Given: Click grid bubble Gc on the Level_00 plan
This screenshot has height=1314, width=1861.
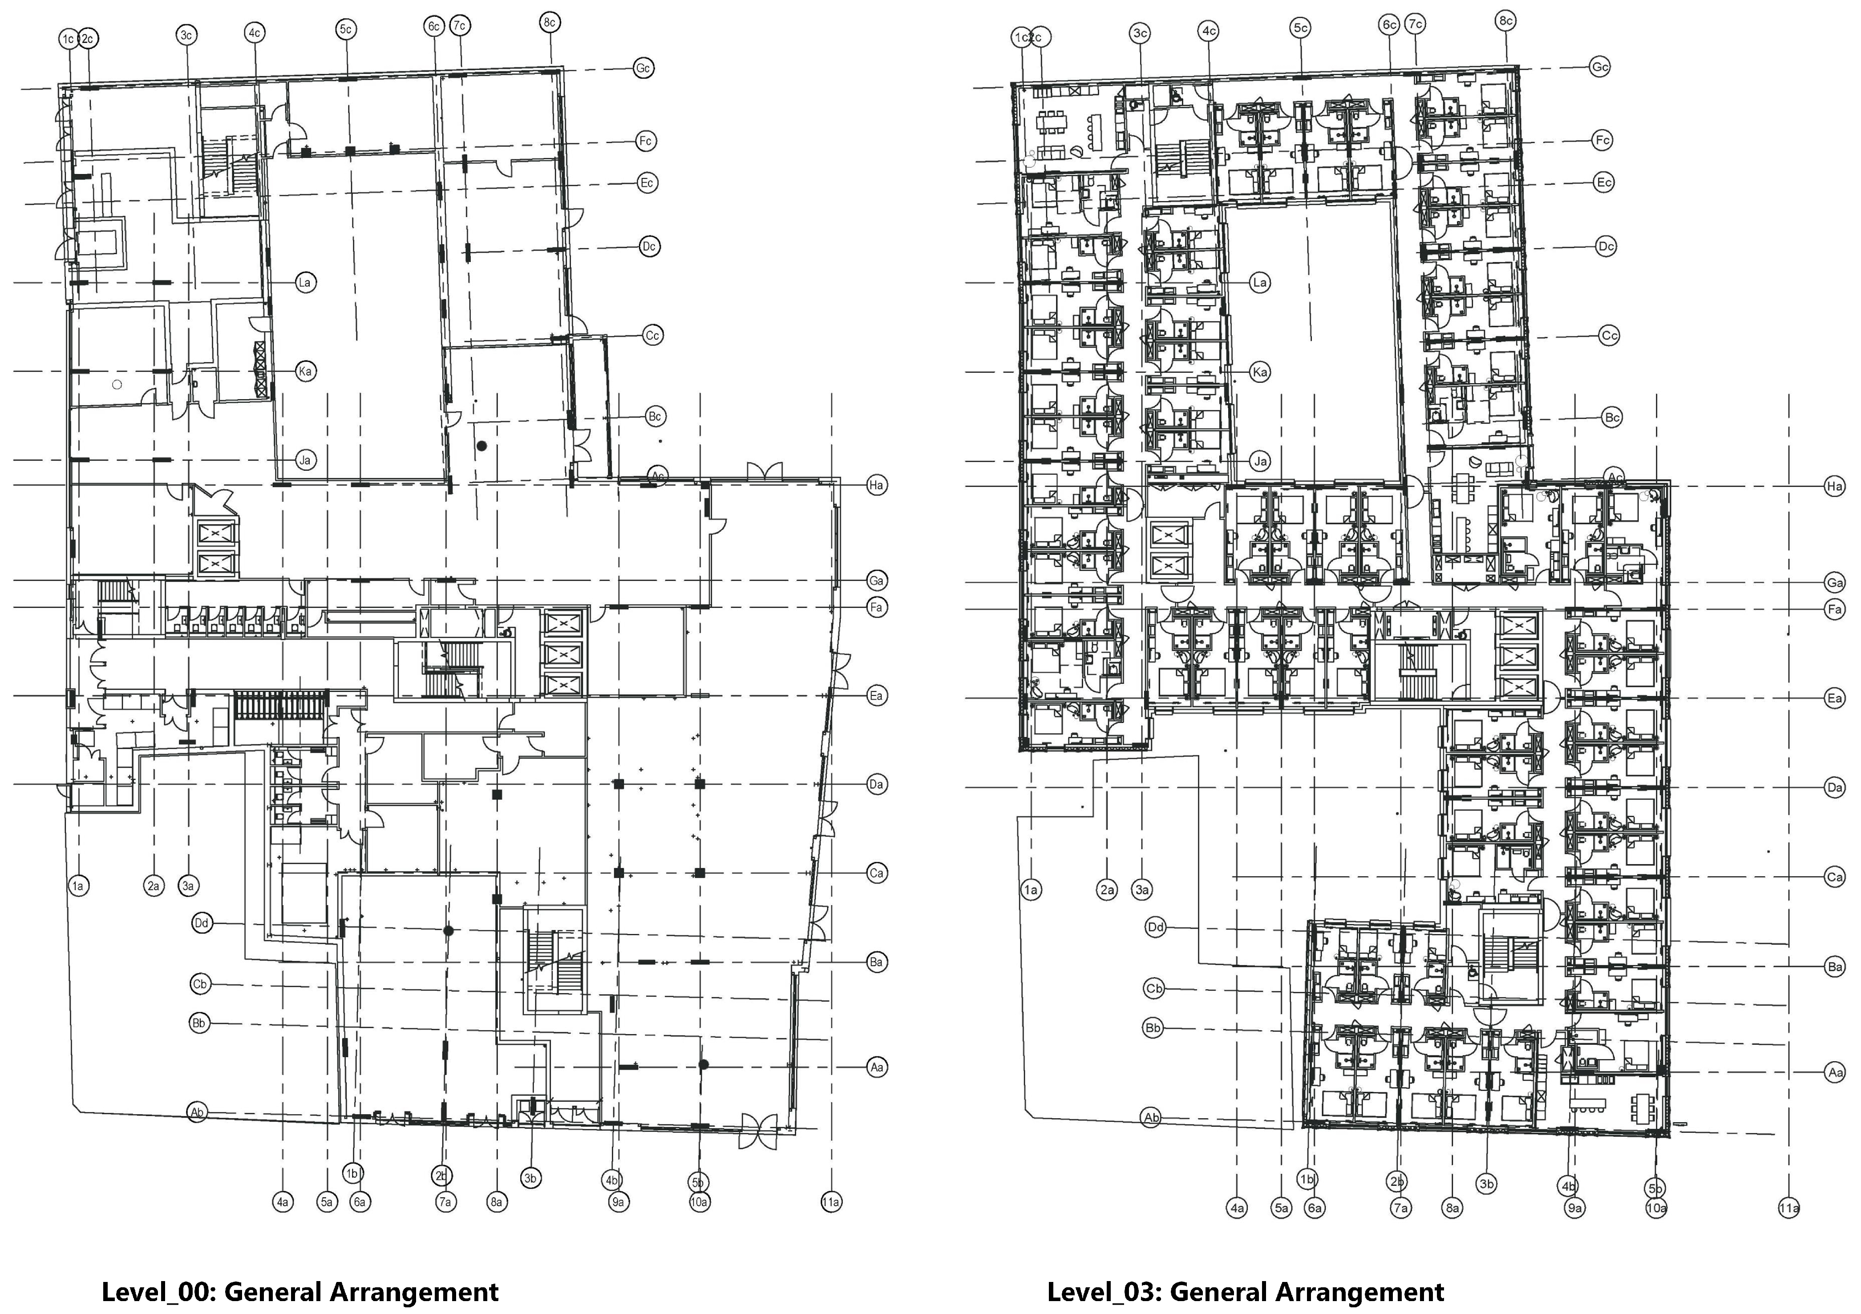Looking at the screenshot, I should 643,68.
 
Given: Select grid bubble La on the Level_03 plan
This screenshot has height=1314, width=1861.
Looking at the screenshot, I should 1259,283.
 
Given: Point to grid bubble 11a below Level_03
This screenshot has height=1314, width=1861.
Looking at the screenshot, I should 1789,1209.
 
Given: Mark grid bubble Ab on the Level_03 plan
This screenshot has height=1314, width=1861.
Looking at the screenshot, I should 1151,1118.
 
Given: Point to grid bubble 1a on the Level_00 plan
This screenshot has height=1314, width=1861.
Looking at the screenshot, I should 78,886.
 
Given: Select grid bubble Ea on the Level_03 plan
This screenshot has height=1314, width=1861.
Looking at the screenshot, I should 1834,698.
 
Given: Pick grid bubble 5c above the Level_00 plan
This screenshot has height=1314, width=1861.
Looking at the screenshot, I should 346,30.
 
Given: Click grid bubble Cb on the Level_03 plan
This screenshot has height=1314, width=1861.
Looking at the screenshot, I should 1154,989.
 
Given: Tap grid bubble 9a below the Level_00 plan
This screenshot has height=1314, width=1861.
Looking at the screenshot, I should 618,1202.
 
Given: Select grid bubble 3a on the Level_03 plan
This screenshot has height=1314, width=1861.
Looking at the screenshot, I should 1142,890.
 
